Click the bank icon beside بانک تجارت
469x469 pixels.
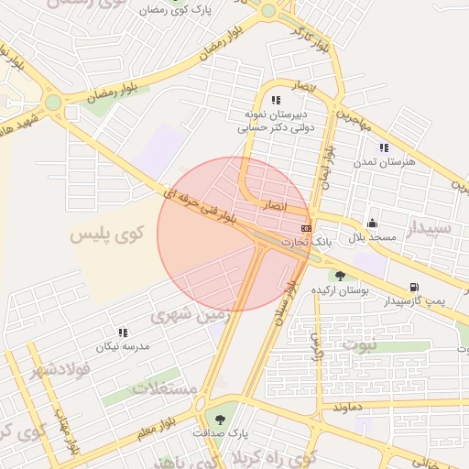coord(305,228)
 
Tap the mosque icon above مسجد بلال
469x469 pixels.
coord(372,223)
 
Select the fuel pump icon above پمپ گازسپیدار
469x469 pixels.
coord(415,287)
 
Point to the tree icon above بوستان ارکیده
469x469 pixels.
coord(340,276)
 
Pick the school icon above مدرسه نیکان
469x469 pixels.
coord(123,333)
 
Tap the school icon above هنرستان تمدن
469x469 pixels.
coord(384,147)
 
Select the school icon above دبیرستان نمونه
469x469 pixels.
coord(275,100)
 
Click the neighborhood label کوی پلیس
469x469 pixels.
coord(108,234)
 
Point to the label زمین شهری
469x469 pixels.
coord(182,316)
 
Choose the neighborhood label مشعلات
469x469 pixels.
coord(165,388)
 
